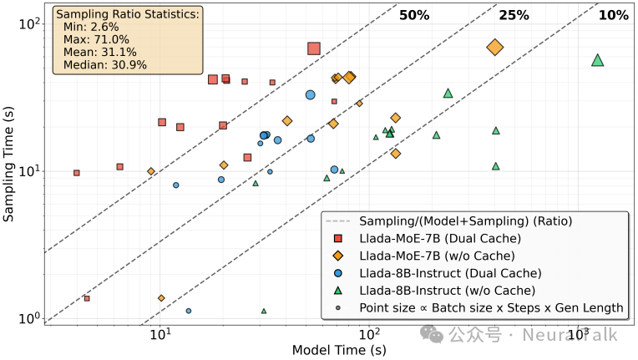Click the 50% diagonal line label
(x=414, y=15)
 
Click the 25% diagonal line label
(x=514, y=15)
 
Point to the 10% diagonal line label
(x=613, y=15)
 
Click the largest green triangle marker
(x=597, y=60)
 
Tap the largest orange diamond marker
(x=494, y=48)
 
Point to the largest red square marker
(x=314, y=48)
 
